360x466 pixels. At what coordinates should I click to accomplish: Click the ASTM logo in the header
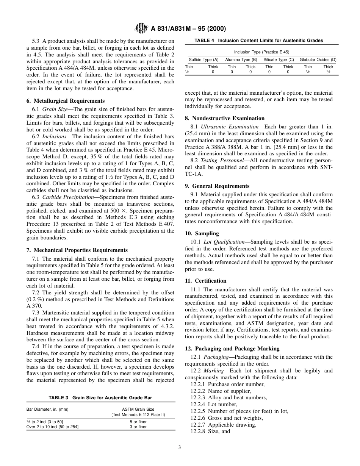(x=142, y=28)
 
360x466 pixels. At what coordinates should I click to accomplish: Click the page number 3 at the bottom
(x=180, y=447)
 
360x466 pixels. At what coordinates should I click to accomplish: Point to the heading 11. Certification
(x=205, y=281)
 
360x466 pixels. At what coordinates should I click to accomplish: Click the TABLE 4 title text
(x=259, y=41)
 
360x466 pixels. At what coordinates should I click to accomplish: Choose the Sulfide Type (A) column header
(x=203, y=59)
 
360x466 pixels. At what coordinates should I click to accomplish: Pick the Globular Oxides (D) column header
(x=318, y=59)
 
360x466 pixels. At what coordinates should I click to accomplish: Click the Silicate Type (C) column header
(x=279, y=59)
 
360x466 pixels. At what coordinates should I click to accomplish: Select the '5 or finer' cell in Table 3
(x=138, y=422)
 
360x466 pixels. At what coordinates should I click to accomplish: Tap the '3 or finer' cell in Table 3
(x=138, y=427)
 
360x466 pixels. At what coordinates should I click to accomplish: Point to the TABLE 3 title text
(x=101, y=398)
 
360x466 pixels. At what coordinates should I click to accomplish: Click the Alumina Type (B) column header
(x=241, y=59)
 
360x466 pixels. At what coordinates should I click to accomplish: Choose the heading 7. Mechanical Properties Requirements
(x=77, y=250)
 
